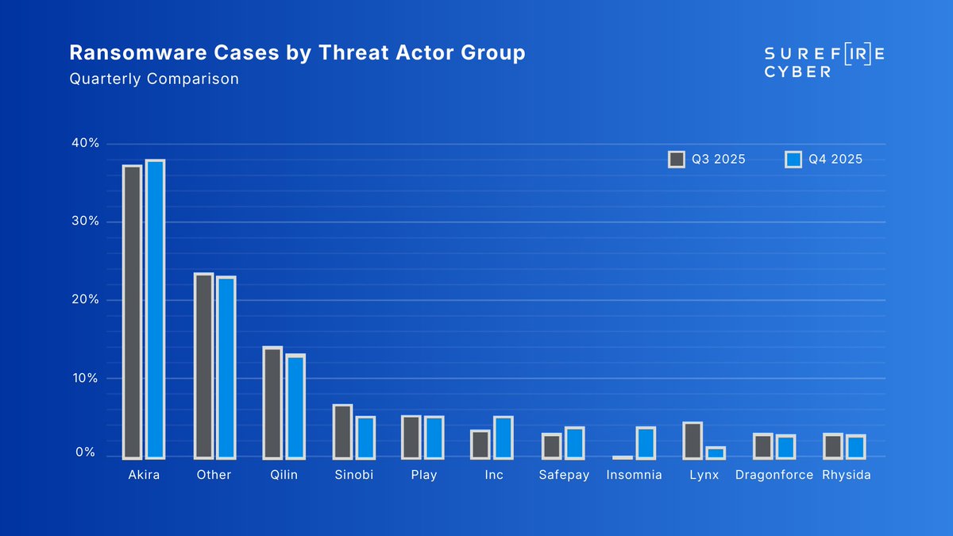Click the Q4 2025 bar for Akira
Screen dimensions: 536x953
click(x=155, y=310)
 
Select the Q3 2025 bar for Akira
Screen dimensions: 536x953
click(x=132, y=312)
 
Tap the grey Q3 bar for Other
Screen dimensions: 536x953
click(x=203, y=366)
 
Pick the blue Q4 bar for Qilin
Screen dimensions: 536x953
click(x=295, y=407)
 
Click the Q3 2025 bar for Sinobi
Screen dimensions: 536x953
click(x=342, y=432)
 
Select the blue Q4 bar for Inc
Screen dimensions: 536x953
click(x=504, y=438)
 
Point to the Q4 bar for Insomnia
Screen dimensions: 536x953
click(x=646, y=443)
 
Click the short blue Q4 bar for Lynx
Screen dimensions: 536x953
click(x=716, y=453)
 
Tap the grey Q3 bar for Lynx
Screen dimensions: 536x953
click(x=693, y=441)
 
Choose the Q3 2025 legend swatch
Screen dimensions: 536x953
click(x=677, y=160)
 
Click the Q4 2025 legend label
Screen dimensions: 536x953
click(x=835, y=160)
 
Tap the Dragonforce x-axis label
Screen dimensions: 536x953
click(x=774, y=475)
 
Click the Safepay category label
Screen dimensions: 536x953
click(x=564, y=475)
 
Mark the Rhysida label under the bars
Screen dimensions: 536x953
click(x=847, y=475)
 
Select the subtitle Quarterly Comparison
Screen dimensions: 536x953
click(x=154, y=79)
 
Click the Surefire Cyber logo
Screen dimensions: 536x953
click(x=824, y=62)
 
